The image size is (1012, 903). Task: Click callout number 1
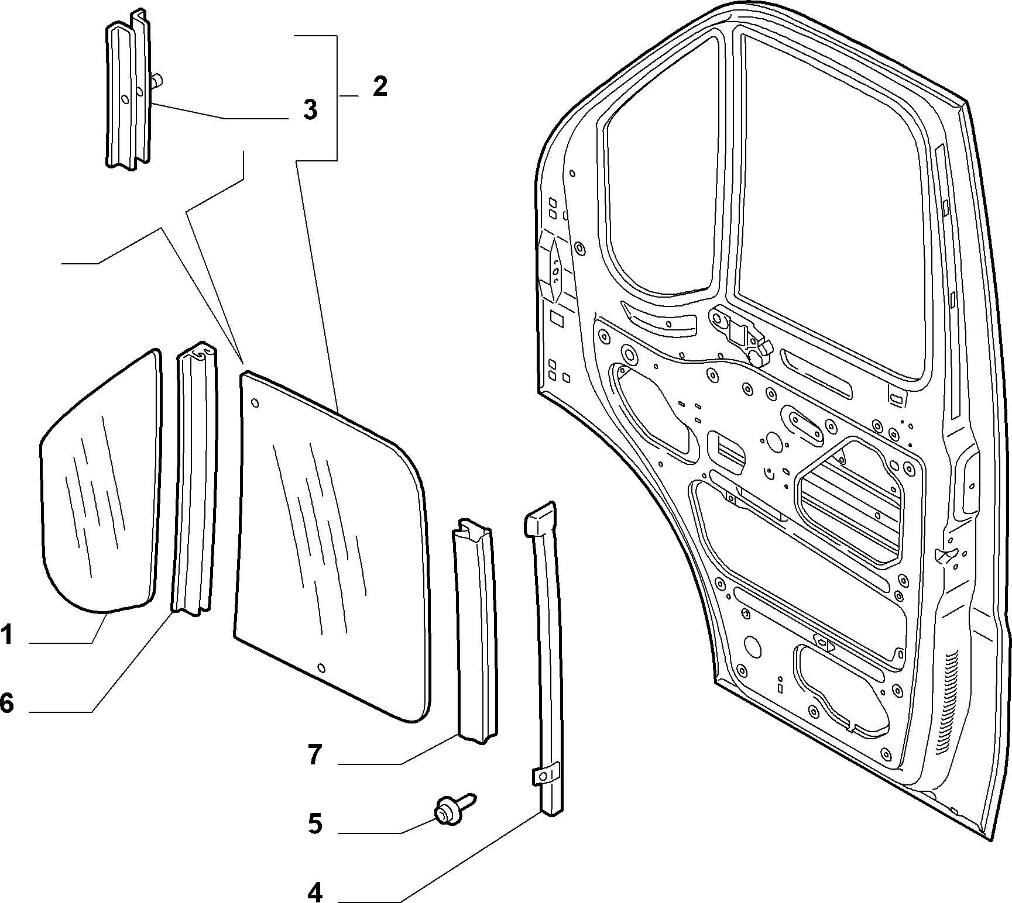pos(6,635)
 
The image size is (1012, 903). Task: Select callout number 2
pos(380,87)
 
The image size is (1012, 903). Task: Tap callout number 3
pos(310,110)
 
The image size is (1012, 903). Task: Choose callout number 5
pos(314,824)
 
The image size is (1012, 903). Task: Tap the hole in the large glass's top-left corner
pos(255,403)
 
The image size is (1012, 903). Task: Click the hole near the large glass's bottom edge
pos(321,668)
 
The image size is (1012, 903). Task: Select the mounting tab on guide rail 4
pos(544,775)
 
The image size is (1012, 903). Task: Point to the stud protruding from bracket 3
pos(157,80)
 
